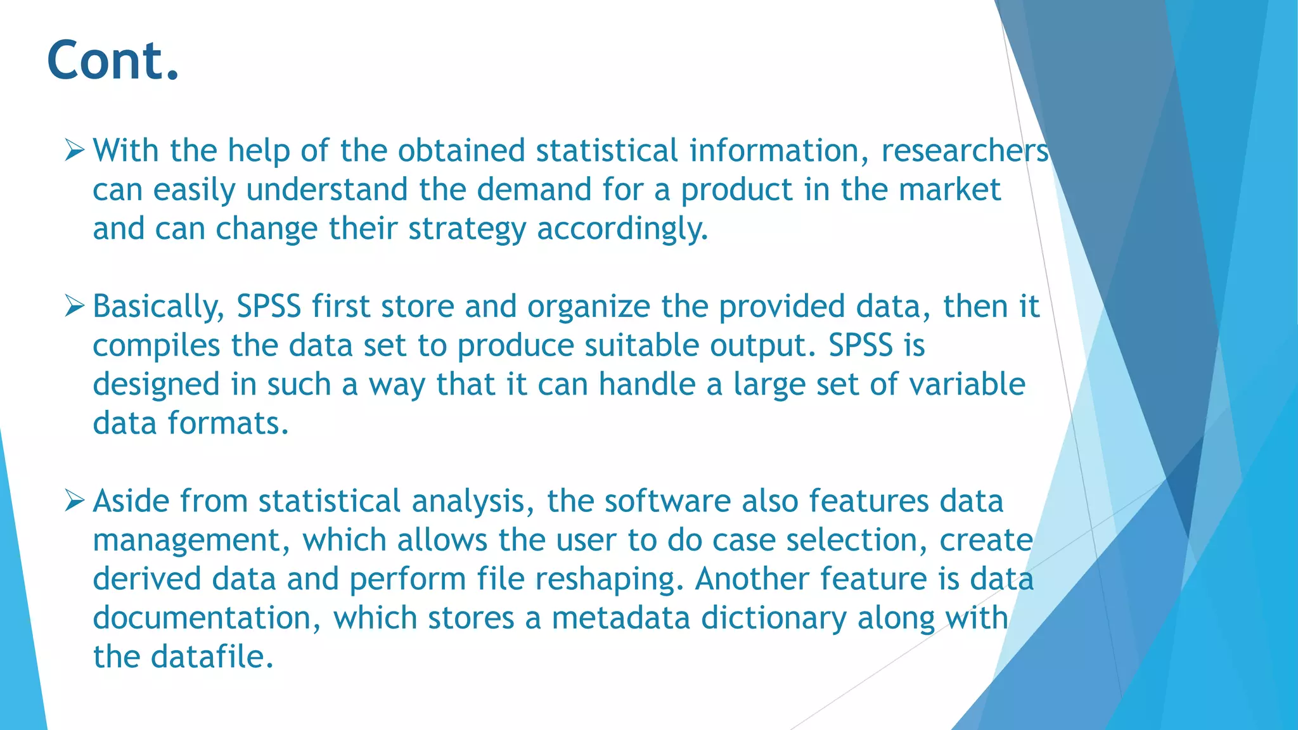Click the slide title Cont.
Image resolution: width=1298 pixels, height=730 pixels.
coord(113,61)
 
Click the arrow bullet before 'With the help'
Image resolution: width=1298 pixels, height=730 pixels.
coord(74,151)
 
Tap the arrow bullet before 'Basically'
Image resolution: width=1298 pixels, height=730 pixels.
coord(74,307)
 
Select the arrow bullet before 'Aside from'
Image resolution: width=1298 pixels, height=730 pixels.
coord(74,501)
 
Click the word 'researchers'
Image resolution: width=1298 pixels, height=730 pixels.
coord(965,151)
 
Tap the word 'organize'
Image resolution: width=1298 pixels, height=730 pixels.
coord(588,307)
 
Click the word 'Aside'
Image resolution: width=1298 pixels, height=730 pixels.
coord(131,501)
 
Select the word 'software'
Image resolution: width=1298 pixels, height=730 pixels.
coord(667,501)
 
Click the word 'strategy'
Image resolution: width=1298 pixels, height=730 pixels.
coord(466,229)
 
